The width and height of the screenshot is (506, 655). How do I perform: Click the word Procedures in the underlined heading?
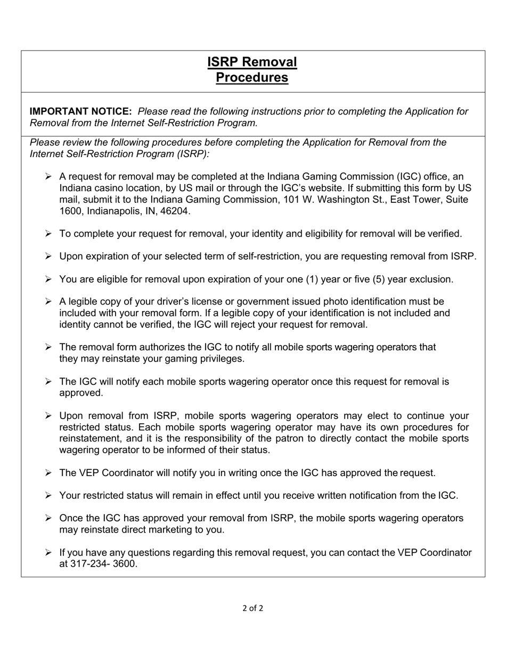252,78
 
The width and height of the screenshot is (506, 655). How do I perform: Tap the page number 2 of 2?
252,608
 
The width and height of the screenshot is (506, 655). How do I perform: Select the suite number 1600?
71,211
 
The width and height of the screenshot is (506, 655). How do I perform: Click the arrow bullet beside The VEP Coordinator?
48,473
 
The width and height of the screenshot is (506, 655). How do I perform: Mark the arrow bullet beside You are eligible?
48,279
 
